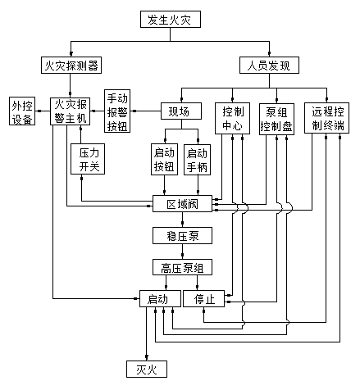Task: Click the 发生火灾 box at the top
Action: pos(171,19)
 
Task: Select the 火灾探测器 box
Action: pos(71,65)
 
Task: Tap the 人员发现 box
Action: pos(269,65)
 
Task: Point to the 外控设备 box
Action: pos(22,111)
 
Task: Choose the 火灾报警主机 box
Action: pos(71,111)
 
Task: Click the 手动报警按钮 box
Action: pos(117,111)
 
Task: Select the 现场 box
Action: pos(181,111)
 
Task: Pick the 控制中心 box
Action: pos(232,118)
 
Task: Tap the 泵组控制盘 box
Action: pos(276,119)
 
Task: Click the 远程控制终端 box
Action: pos(326,118)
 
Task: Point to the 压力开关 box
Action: pos(88,159)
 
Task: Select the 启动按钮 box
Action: pos(164,159)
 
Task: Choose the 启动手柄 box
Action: pos(197,160)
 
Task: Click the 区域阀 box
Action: pos(182,203)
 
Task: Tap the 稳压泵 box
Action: pos(182,235)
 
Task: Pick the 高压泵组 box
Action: pos(182,267)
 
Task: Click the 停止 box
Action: pos(203,298)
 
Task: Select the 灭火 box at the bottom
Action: pos(147,369)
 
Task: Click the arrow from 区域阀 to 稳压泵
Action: pos(183,220)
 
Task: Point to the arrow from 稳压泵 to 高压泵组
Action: pos(183,252)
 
